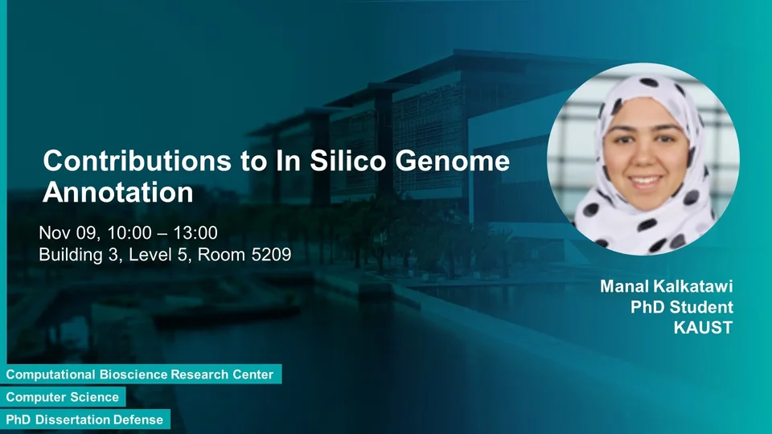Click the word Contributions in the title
(138, 161)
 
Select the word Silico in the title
(348, 161)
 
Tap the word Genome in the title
(453, 161)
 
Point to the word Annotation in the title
(118, 192)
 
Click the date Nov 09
(69, 233)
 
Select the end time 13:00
(195, 233)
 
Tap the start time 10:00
(129, 233)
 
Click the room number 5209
(271, 255)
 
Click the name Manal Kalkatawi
(667, 286)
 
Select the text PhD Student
(682, 307)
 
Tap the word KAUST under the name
(703, 328)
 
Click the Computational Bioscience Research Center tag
(141, 375)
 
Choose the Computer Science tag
(63, 397)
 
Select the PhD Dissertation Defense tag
(84, 420)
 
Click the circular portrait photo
(643, 159)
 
